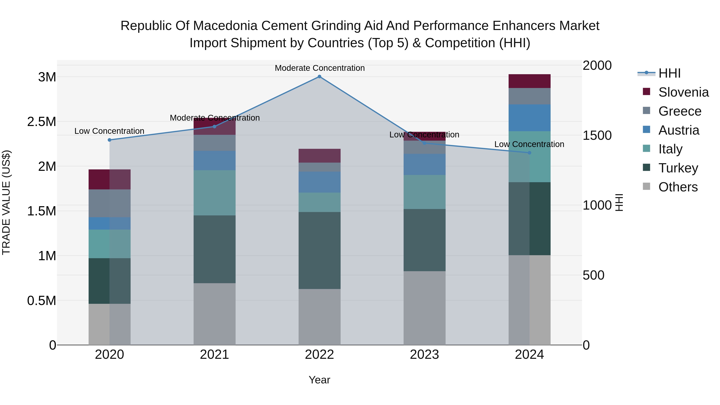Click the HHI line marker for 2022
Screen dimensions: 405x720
pyautogui.click(x=319, y=77)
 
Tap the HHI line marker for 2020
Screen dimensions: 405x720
pyautogui.click(x=110, y=140)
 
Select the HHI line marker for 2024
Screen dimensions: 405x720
pyautogui.click(x=529, y=153)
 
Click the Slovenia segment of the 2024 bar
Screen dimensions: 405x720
pyautogui.click(x=529, y=81)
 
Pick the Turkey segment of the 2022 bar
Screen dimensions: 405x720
pyautogui.click(x=319, y=250)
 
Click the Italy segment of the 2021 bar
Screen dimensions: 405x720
pyautogui.click(x=214, y=193)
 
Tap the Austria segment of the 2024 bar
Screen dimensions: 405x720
pyautogui.click(x=529, y=118)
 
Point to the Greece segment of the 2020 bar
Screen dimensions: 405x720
pyautogui.click(x=110, y=203)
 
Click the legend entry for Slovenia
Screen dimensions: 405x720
pyautogui.click(x=683, y=92)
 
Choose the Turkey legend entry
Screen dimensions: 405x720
pyautogui.click(x=678, y=168)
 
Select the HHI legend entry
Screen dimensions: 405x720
pyautogui.click(x=669, y=73)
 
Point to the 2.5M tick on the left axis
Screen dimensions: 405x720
pyautogui.click(x=41, y=122)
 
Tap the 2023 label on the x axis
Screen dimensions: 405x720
pyautogui.click(x=424, y=355)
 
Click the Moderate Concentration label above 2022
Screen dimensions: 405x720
pyautogui.click(x=319, y=68)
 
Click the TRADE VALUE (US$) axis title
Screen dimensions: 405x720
pyautogui.click(x=6, y=202)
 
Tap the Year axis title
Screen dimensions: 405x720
pyautogui.click(x=319, y=380)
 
